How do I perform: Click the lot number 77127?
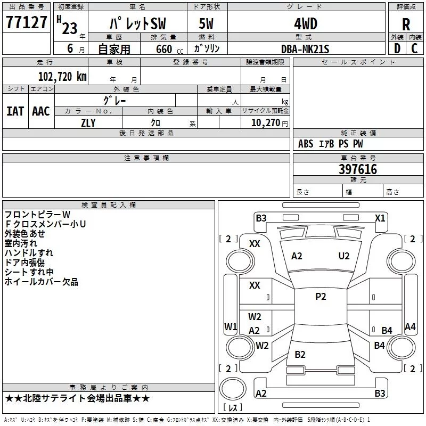pos(26,23)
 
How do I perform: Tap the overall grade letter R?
pos(406,24)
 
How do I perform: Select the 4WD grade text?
pos(306,23)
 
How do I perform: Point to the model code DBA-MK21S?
pos(306,49)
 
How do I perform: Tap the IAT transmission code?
pos(15,111)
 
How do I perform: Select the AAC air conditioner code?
pos(41,111)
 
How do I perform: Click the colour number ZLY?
pos(88,123)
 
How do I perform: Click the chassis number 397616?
pos(358,169)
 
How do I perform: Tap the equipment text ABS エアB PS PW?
pos(331,144)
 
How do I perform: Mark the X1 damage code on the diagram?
pos(380,218)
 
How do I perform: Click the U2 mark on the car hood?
pos(344,256)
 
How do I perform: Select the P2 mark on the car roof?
pos(321,297)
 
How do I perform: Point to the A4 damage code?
pos(410,327)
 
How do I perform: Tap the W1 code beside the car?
pos(230,327)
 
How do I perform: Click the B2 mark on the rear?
pos(300,355)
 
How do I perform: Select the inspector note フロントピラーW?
pos(37,215)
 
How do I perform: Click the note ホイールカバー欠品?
pos(42,282)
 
